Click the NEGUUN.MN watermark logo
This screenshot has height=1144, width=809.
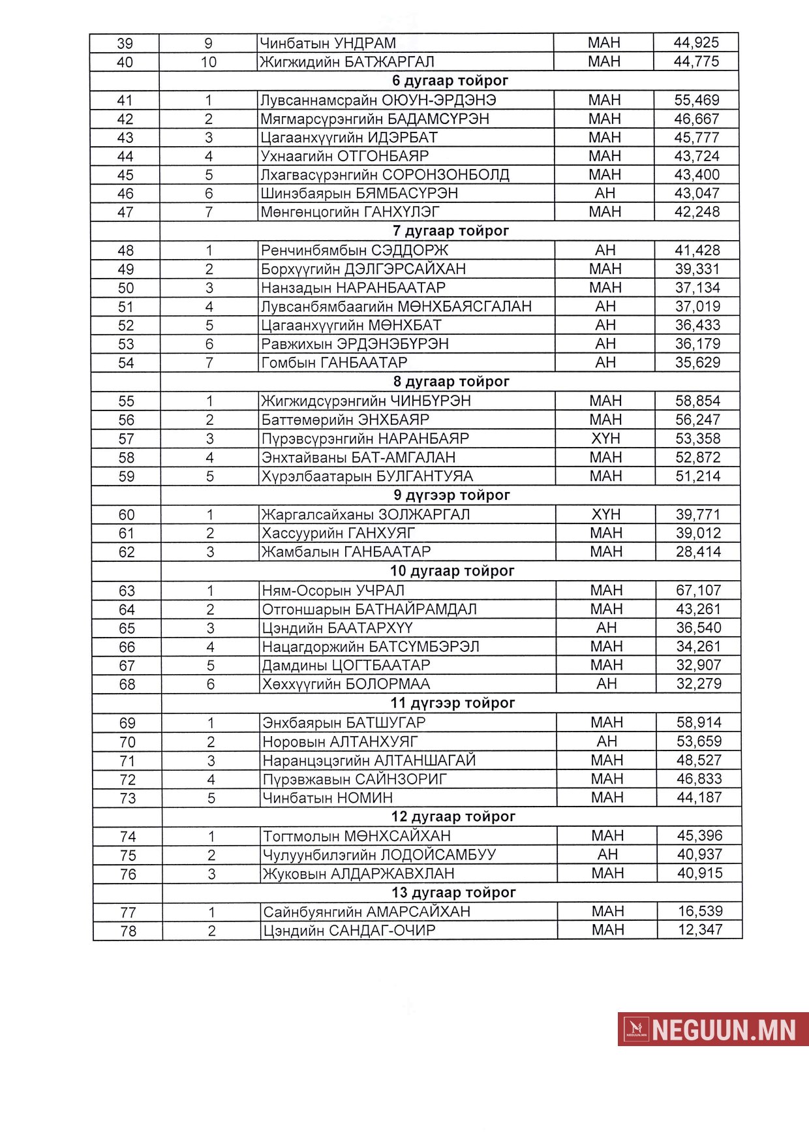712,1029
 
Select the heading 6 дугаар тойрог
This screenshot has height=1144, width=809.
450,81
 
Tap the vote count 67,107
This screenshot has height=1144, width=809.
698,591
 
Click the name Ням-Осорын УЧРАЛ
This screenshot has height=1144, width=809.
333,591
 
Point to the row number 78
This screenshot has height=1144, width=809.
128,931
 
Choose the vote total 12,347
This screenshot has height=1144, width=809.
700,930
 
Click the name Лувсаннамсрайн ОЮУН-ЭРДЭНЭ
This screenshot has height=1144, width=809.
378,100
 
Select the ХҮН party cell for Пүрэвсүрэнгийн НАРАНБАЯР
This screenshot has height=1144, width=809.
605,439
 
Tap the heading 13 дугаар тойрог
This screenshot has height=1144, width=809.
453,892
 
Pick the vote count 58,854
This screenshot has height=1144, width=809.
697,401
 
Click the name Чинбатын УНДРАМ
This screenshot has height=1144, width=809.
328,43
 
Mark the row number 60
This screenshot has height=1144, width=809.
127,515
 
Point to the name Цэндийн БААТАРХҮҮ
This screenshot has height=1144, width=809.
337,628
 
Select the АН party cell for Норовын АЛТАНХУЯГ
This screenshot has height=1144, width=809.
607,741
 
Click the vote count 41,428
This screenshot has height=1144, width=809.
697,250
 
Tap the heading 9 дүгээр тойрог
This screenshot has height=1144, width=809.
451,495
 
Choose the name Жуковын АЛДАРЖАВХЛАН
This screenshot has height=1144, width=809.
358,874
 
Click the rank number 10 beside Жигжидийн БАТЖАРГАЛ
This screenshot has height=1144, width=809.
208,62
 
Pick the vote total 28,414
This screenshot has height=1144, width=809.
698,552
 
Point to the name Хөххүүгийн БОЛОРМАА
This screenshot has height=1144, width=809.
346,684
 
